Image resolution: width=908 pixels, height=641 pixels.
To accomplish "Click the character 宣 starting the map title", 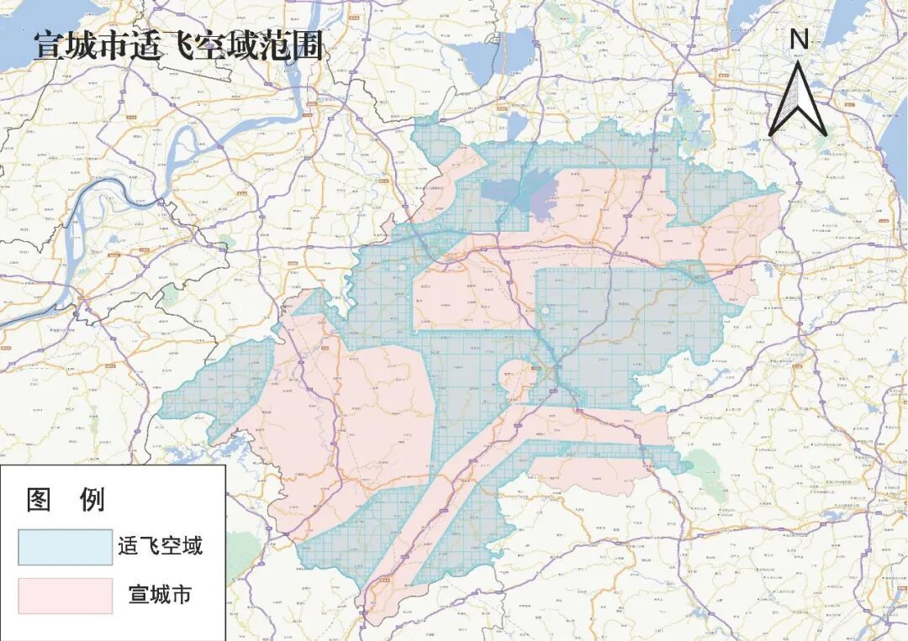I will (x=50, y=46).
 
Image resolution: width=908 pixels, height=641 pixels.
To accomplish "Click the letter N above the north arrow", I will (x=799, y=39).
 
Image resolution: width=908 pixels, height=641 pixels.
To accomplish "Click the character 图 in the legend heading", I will (x=40, y=501).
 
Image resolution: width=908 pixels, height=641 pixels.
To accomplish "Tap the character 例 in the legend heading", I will (x=91, y=501).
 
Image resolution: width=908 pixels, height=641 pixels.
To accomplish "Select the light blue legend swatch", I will (x=65, y=547).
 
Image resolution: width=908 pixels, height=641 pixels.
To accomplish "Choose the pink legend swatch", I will (x=65, y=595).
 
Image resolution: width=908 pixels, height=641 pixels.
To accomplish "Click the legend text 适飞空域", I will (x=160, y=547).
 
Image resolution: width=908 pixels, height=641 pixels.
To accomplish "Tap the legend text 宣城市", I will (x=160, y=595).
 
